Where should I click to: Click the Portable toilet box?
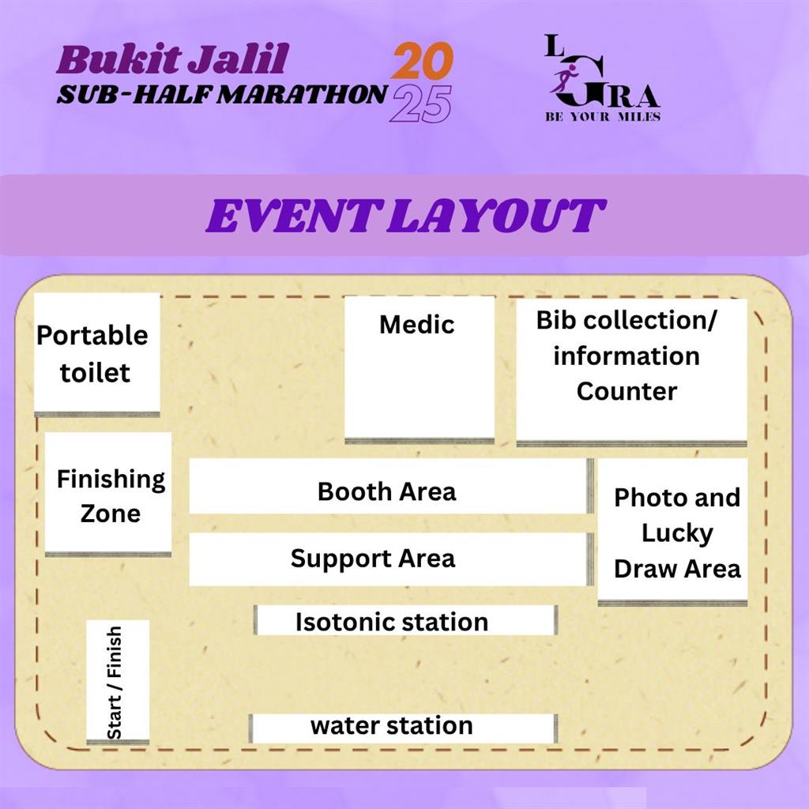tap(97, 355)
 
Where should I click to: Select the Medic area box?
tap(420, 370)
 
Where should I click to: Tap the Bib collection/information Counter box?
tap(631, 372)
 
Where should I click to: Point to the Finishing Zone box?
tap(108, 495)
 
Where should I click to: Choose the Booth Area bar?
tap(392, 486)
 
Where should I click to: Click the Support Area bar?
tap(392, 559)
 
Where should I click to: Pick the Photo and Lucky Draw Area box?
tap(672, 532)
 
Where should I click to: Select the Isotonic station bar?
tap(406, 620)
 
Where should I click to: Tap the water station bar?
tap(404, 728)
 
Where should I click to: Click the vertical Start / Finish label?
tap(114, 683)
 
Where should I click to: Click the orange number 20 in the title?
tap(423, 61)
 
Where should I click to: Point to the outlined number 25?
tap(420, 103)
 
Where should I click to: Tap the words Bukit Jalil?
tap(172, 59)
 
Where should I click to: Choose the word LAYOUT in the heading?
tap(496, 216)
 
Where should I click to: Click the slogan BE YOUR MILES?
tap(603, 117)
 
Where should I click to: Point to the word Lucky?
tap(677, 533)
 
